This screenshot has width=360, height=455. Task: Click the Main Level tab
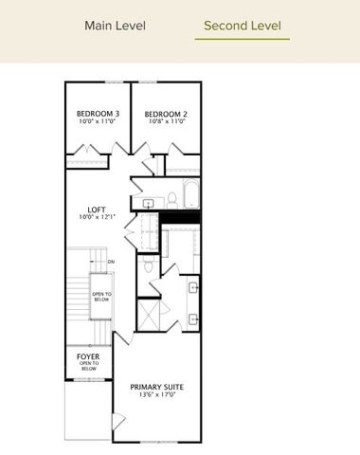115,25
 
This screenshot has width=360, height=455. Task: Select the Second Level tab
242,25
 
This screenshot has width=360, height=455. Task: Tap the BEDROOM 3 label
98,115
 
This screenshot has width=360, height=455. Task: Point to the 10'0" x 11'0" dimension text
98,123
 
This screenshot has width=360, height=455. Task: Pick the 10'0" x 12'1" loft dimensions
98,217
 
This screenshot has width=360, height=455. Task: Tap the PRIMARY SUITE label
156,388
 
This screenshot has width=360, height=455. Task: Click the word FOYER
88,356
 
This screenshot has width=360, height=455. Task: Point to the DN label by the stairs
111,262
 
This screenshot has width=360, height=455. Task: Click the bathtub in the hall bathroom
189,194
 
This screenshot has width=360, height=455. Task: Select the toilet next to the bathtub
172,198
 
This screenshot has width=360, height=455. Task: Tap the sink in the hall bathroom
150,204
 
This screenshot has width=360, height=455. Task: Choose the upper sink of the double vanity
192,286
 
